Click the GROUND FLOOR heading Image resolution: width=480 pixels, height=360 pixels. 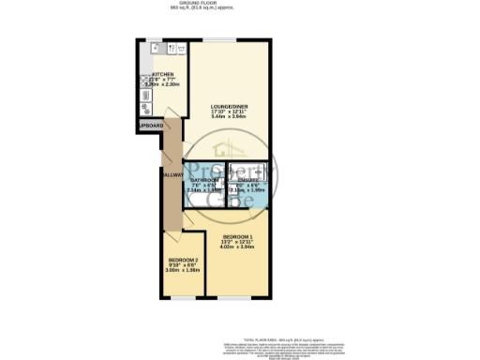[x=240, y=3]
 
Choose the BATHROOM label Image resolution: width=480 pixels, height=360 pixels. [x=204, y=179]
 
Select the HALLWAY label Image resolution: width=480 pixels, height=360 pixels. [x=171, y=174]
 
